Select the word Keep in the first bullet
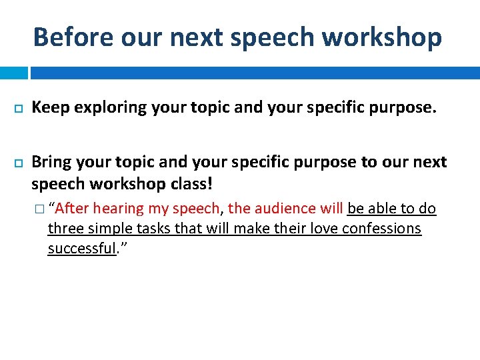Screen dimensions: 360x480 51,107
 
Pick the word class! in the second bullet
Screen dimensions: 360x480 190,183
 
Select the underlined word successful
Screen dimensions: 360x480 82,249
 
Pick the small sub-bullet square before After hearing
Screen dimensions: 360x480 41,209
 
